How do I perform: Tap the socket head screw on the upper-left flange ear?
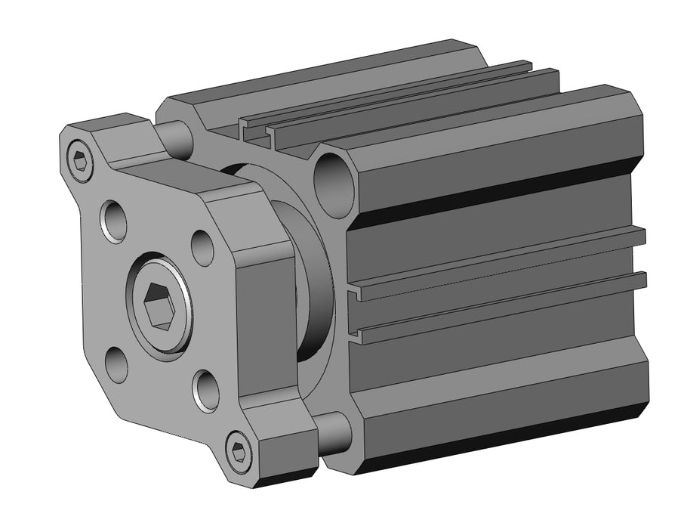point(80,161)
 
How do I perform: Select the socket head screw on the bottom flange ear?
point(239,453)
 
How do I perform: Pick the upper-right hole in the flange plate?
point(202,247)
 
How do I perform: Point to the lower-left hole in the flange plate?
point(116,364)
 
